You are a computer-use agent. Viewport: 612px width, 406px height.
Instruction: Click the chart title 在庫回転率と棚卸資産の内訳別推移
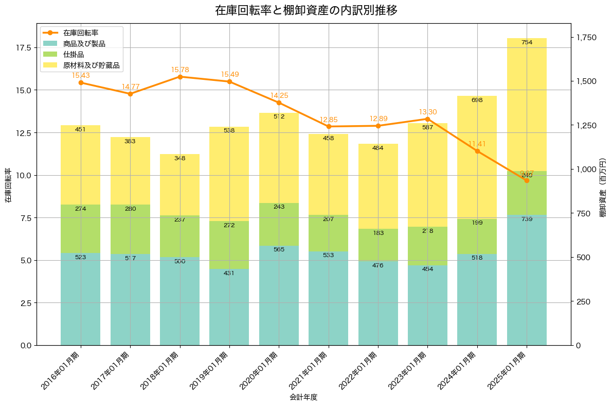click(x=306, y=10)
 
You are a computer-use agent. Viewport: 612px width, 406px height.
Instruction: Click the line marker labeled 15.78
click(x=180, y=77)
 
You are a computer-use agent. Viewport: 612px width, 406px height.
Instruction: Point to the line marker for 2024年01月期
click(x=477, y=151)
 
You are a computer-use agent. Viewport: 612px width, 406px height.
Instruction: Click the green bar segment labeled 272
click(x=229, y=245)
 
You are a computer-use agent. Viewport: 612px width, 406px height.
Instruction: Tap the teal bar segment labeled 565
click(x=279, y=295)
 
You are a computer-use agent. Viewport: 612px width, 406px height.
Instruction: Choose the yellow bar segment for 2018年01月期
click(x=180, y=184)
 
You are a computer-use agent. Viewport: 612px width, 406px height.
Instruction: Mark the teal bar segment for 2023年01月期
click(x=428, y=305)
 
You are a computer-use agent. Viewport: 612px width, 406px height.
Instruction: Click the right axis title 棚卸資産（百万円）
click(x=602, y=184)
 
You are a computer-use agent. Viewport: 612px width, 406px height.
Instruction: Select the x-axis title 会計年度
click(x=303, y=397)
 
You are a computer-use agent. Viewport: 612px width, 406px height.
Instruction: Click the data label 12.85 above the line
click(x=329, y=120)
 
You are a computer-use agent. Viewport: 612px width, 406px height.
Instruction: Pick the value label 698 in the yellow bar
click(x=477, y=100)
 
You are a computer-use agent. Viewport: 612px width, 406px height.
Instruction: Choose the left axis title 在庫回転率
click(x=8, y=184)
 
